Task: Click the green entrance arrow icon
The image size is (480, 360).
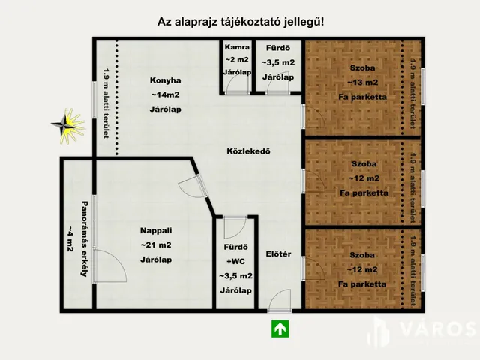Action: click(x=280, y=328)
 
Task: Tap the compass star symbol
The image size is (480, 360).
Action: click(x=67, y=126)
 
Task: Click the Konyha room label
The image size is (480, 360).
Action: click(x=165, y=80)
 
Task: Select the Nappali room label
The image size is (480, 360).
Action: click(x=156, y=230)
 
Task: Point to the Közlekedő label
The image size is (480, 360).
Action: click(x=248, y=151)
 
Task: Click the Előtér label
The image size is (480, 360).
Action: click(x=278, y=253)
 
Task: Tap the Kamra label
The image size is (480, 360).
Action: click(x=237, y=47)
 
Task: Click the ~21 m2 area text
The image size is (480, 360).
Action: click(x=156, y=245)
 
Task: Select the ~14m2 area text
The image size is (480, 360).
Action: click(x=165, y=94)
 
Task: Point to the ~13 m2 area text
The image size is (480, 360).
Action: click(x=363, y=82)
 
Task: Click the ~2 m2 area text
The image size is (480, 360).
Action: click(x=237, y=60)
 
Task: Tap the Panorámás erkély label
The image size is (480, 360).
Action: click(x=85, y=238)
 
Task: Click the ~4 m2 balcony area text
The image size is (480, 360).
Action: click(x=70, y=238)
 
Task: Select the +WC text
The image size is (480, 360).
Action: click(x=235, y=261)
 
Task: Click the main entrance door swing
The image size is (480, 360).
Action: click(x=280, y=300)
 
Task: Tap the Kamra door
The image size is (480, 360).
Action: click(x=236, y=84)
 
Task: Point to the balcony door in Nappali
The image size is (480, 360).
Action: click(x=110, y=265)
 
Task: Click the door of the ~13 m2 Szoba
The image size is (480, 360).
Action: click(x=312, y=116)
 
